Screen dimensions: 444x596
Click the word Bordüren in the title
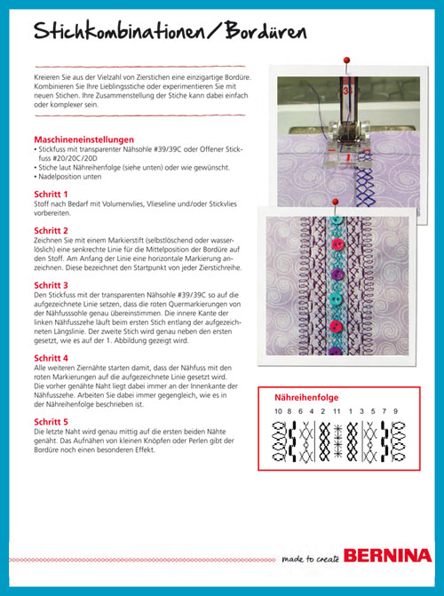[266, 31]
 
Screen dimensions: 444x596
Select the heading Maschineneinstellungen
[84, 139]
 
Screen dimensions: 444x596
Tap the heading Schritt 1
[51, 195]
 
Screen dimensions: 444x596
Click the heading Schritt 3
[51, 285]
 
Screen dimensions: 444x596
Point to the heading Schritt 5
[51, 422]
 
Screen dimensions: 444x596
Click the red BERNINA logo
[388, 556]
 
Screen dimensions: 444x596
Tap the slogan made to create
[311, 559]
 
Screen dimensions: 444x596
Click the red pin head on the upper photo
[346, 60]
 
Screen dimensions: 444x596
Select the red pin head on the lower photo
[335, 202]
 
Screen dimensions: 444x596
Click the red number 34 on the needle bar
[346, 91]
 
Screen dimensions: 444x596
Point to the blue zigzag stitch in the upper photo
[364, 179]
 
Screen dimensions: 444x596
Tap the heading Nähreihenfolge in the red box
[306, 398]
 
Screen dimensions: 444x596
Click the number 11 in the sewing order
[337, 411]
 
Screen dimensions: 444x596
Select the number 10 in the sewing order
[279, 411]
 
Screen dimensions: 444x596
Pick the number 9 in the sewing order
[396, 411]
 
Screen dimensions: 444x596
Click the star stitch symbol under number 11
[337, 441]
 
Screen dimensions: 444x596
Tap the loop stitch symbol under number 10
[279, 441]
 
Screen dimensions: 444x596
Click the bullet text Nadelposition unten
[69, 177]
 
